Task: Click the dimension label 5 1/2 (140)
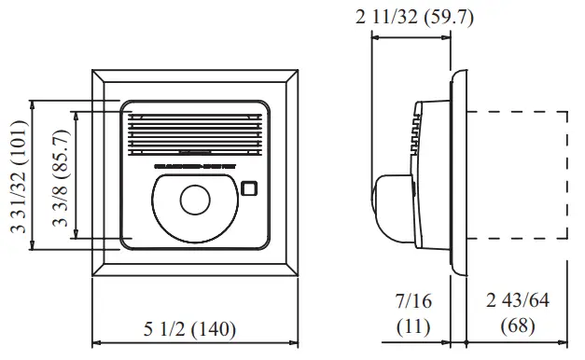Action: point(189,329)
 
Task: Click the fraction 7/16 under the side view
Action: point(412,302)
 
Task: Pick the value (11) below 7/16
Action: point(412,326)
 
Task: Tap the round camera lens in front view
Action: point(195,200)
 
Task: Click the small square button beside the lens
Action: point(248,187)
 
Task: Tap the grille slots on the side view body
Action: point(413,131)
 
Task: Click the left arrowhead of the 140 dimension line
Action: point(95,341)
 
